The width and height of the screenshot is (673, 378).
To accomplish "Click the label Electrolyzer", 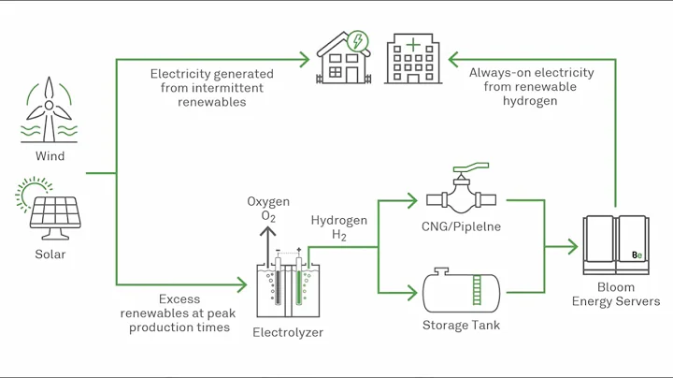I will pyautogui.click(x=288, y=331).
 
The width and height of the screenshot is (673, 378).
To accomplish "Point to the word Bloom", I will pyautogui.click(x=615, y=287).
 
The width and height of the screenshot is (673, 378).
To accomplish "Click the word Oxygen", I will pyautogui.click(x=267, y=202).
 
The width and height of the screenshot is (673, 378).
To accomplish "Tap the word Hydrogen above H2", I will pyautogui.click(x=338, y=222).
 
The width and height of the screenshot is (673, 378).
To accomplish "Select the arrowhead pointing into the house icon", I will pyautogui.click(x=304, y=60).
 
